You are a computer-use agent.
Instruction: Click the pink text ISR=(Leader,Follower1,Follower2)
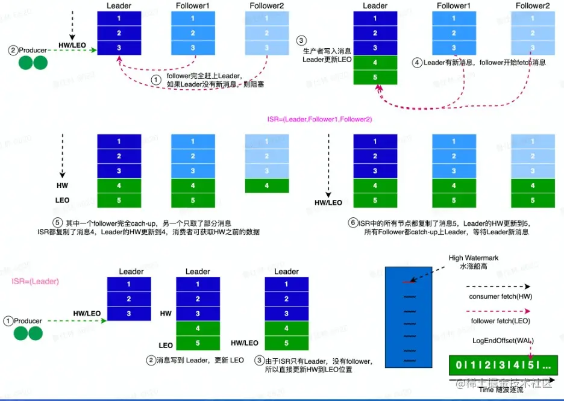(320, 120)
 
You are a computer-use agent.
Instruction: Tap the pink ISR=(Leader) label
(35, 281)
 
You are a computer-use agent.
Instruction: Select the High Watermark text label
(473, 258)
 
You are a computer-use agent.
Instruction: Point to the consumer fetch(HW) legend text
(500, 297)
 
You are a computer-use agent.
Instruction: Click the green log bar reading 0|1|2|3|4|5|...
(503, 365)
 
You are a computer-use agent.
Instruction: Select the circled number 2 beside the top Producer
(13, 51)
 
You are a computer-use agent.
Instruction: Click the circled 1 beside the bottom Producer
(8, 321)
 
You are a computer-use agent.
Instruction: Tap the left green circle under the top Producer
(26, 63)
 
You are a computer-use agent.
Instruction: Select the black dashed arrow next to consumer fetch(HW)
(500, 287)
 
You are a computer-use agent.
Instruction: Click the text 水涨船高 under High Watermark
(473, 267)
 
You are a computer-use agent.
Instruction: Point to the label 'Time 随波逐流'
(501, 390)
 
